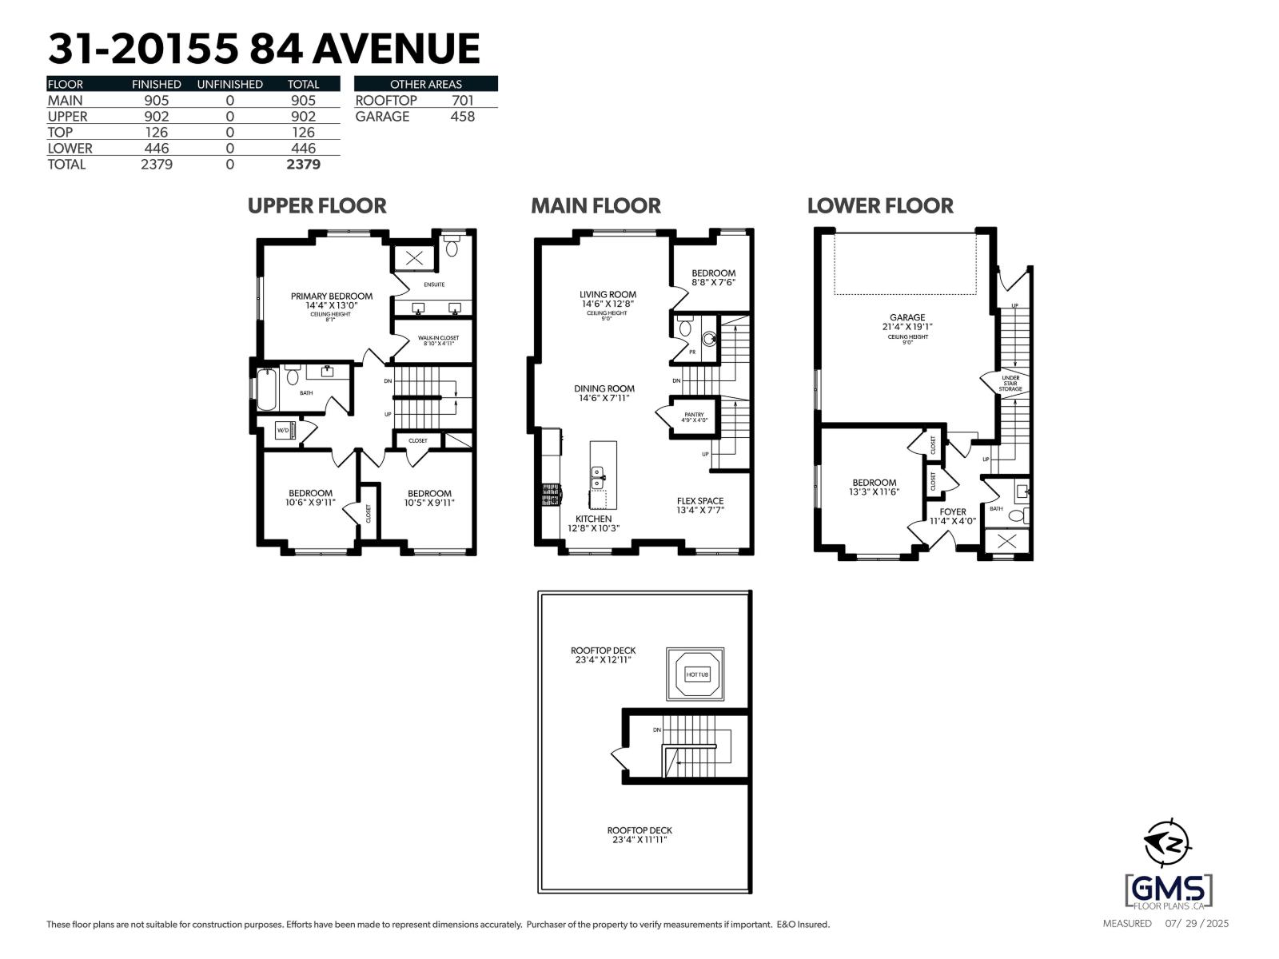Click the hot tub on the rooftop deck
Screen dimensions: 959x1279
pyautogui.click(x=696, y=674)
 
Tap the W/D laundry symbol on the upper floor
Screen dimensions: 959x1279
pyautogui.click(x=283, y=431)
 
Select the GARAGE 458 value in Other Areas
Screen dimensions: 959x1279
pyautogui.click(x=462, y=117)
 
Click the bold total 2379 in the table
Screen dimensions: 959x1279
pyautogui.click(x=303, y=165)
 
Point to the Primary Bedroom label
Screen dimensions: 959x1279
pyautogui.click(x=331, y=296)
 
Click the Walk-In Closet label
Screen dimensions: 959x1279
pyautogui.click(x=438, y=338)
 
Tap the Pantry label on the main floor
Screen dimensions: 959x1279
pyautogui.click(x=694, y=415)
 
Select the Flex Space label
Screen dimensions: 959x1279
pyautogui.click(x=699, y=501)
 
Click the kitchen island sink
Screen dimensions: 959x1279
pyautogui.click(x=596, y=478)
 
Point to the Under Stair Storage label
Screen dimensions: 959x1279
pyautogui.click(x=1010, y=383)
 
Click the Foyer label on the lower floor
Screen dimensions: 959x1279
pyautogui.click(x=952, y=511)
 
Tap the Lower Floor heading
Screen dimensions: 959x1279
pyautogui.click(x=879, y=206)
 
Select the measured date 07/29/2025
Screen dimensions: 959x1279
pyautogui.click(x=1196, y=924)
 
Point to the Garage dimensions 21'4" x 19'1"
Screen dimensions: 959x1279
pyautogui.click(x=907, y=327)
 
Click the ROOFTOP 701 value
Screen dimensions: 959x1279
pyautogui.click(x=462, y=101)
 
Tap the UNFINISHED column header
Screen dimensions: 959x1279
pyautogui.click(x=229, y=84)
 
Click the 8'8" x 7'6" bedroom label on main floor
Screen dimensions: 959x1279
pyautogui.click(x=713, y=282)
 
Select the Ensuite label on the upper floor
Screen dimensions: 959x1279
pyautogui.click(x=434, y=285)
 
